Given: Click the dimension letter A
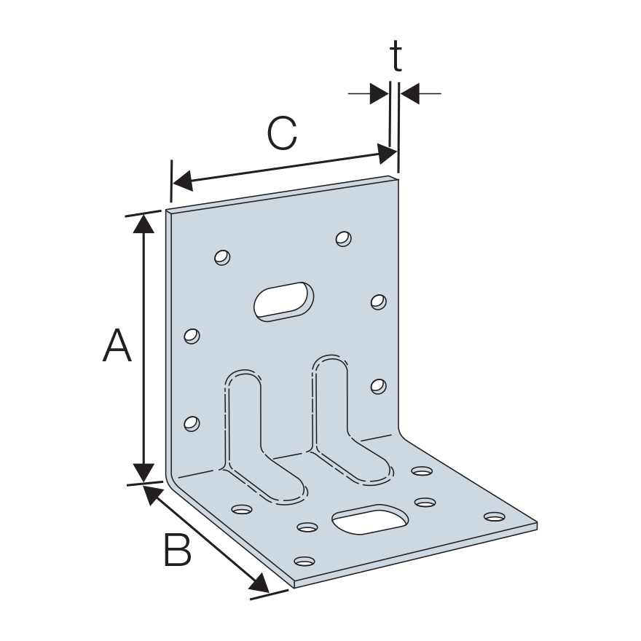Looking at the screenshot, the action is (117, 345).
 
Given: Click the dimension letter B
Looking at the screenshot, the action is (178, 549).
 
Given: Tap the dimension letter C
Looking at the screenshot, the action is (282, 133).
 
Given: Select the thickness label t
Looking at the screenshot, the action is (396, 55).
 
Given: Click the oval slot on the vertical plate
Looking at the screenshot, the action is (283, 302).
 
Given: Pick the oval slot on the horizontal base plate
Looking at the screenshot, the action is (370, 519).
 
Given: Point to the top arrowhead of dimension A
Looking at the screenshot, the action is (143, 224).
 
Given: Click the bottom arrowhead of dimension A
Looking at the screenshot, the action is (143, 473).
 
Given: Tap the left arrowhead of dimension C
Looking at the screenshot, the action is (183, 181).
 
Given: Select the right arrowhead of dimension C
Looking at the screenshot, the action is (387, 154).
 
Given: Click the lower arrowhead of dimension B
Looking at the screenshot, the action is (259, 583).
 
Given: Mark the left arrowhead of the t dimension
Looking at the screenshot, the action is (380, 94).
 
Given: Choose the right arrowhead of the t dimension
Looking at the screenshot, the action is (410, 94).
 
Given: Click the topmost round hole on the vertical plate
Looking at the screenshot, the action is (343, 238).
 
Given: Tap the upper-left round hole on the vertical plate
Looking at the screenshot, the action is (222, 258).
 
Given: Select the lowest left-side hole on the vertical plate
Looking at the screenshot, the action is (192, 423).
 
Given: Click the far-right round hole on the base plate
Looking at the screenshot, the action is (495, 516).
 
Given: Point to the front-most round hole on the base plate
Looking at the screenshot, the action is (304, 561).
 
